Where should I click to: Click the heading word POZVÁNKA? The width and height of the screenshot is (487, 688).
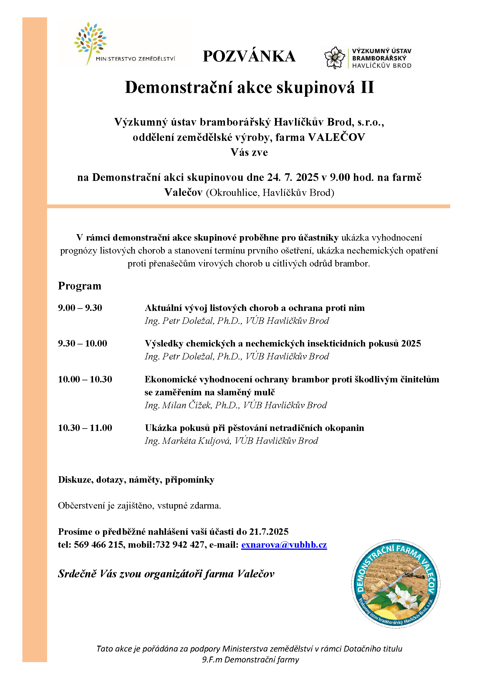click(x=249, y=56)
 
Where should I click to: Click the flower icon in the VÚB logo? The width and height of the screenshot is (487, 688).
click(x=334, y=58)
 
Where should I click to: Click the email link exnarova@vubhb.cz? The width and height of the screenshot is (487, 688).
click(x=284, y=544)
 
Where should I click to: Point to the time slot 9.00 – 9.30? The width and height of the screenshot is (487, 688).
click(x=80, y=308)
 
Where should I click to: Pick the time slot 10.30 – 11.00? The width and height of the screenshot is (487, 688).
click(x=85, y=428)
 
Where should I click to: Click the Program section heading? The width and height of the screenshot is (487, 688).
click(x=79, y=286)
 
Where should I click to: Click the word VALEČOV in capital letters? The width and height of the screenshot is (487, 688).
click(x=337, y=137)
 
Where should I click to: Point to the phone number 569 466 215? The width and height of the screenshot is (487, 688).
click(x=99, y=544)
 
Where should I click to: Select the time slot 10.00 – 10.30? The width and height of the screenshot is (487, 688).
click(x=85, y=379)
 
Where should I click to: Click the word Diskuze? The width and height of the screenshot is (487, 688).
click(x=76, y=480)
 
